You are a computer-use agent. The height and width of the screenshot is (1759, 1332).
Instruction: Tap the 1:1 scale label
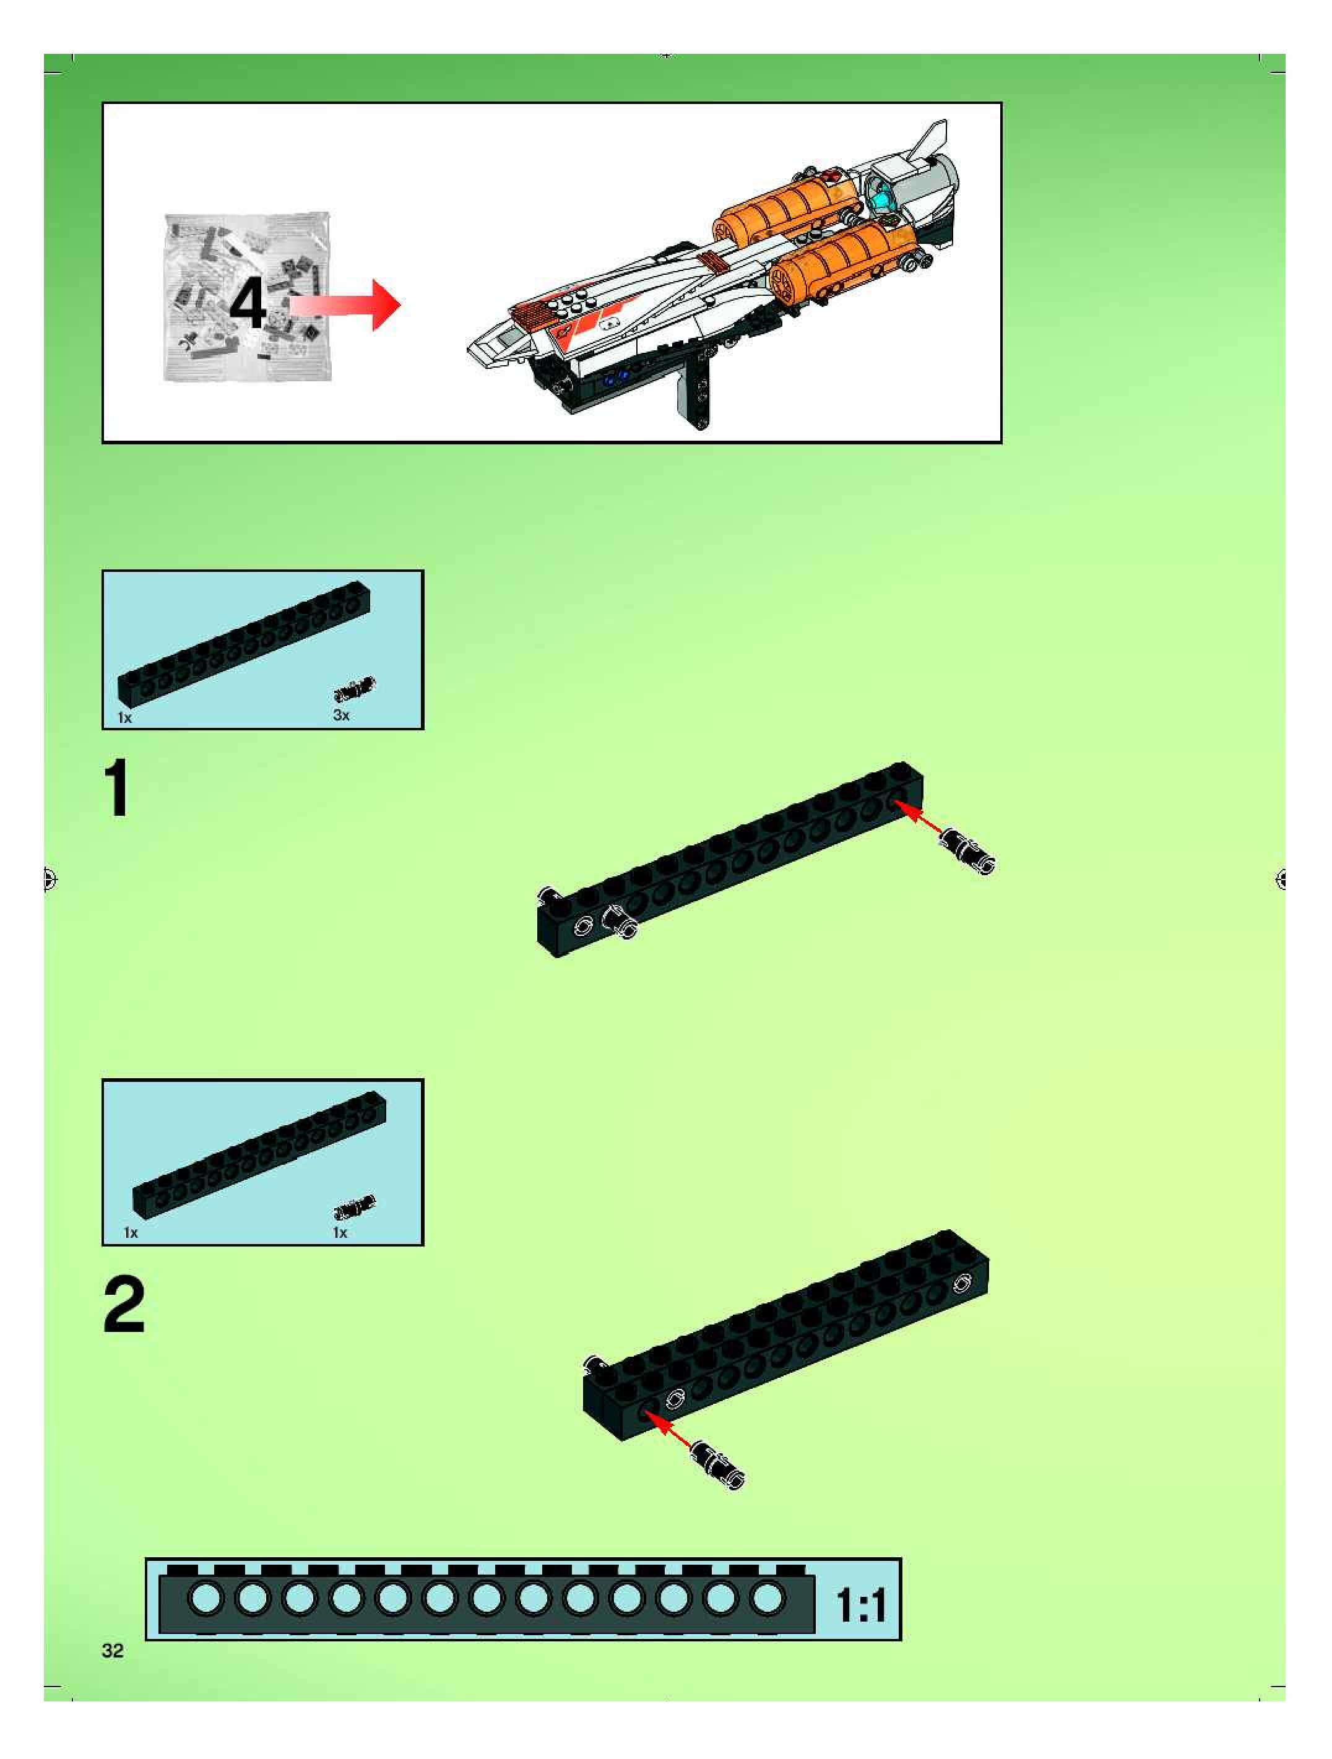pos(861,1605)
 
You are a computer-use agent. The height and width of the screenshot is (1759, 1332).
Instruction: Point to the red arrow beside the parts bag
pos(344,305)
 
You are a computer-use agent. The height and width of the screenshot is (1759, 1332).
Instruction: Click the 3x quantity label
pos(341,715)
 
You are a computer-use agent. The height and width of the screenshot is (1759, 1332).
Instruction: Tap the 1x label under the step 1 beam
pos(125,717)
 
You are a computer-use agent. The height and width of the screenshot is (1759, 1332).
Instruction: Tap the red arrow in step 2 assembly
pos(668,1428)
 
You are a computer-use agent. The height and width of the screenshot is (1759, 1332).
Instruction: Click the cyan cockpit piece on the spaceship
pos(885,193)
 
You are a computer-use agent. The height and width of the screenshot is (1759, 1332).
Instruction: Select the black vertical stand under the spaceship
pos(695,382)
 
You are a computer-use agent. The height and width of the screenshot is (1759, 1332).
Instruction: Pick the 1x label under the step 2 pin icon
pos(340,1232)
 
